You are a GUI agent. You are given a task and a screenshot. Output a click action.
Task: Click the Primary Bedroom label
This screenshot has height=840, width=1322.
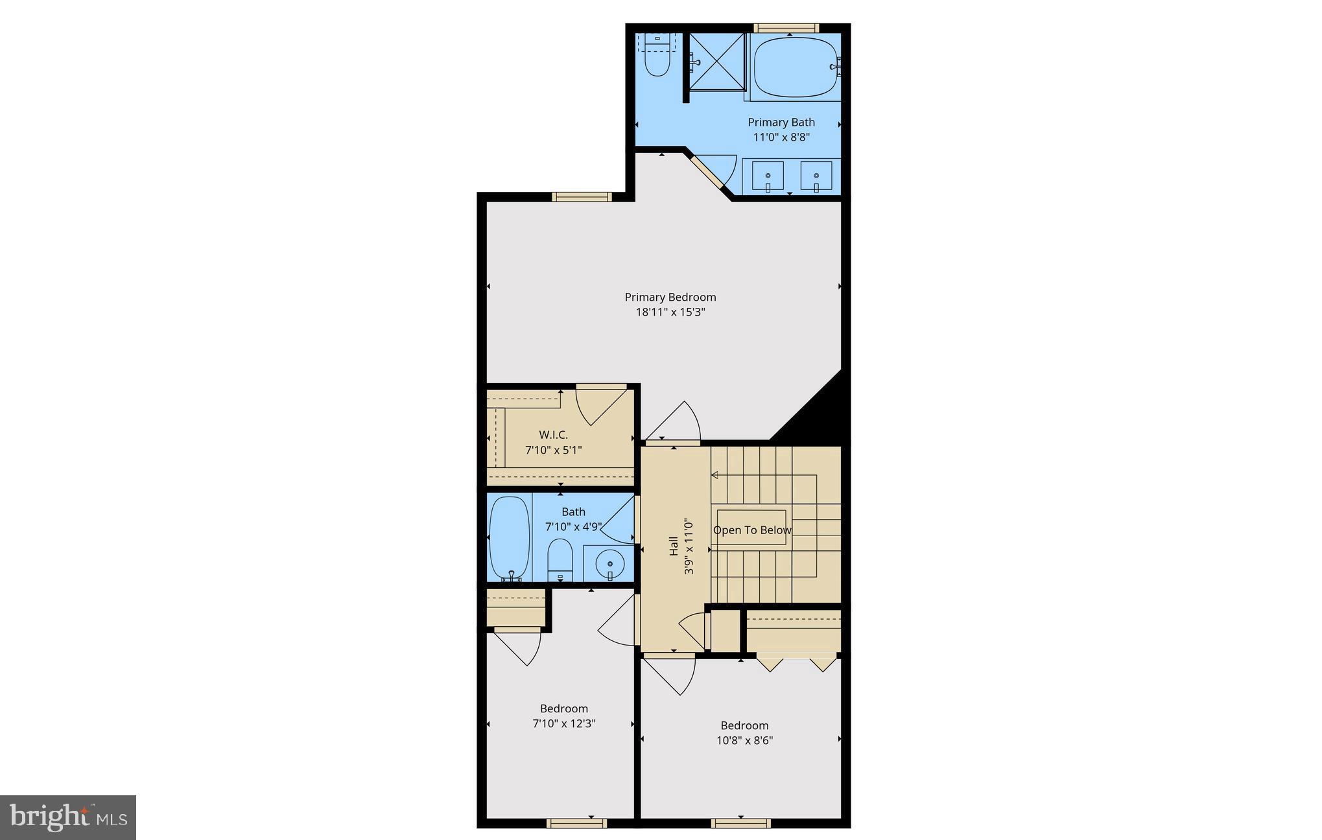pyautogui.click(x=670, y=297)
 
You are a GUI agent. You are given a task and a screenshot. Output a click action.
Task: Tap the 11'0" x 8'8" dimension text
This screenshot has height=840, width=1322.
pyautogui.click(x=781, y=137)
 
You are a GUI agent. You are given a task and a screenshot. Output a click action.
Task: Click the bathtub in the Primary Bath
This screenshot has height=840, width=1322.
pyautogui.click(x=796, y=67)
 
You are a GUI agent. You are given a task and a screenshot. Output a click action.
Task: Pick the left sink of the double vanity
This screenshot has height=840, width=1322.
pyautogui.click(x=768, y=176)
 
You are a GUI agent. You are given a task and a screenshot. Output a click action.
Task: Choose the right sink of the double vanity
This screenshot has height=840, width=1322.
pyautogui.click(x=816, y=176)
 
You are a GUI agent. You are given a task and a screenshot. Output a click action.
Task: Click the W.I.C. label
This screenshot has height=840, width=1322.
pyautogui.click(x=553, y=435)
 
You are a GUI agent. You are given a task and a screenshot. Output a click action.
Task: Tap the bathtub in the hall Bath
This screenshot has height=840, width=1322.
pyautogui.click(x=510, y=537)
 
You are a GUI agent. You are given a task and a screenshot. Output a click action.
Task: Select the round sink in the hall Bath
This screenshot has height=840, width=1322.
pyautogui.click(x=609, y=564)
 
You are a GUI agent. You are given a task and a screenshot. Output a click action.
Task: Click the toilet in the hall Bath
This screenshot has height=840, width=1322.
pyautogui.click(x=560, y=559)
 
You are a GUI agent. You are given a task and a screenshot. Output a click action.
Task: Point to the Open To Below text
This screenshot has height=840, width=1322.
pyautogui.click(x=752, y=530)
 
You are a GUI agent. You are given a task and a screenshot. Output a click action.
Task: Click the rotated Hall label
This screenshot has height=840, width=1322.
pyautogui.click(x=674, y=545)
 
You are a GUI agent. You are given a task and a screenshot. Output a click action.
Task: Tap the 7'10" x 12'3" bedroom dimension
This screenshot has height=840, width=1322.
pyautogui.click(x=563, y=723)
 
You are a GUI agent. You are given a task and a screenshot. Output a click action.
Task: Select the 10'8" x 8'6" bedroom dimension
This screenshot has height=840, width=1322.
pyautogui.click(x=744, y=740)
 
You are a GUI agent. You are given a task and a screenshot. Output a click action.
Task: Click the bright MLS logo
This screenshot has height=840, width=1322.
pyautogui.click(x=67, y=817)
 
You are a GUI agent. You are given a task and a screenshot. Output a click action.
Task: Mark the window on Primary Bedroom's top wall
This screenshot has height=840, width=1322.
pyautogui.click(x=582, y=197)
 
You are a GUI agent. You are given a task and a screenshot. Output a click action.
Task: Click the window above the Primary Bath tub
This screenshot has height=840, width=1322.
pyautogui.click(x=786, y=28)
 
